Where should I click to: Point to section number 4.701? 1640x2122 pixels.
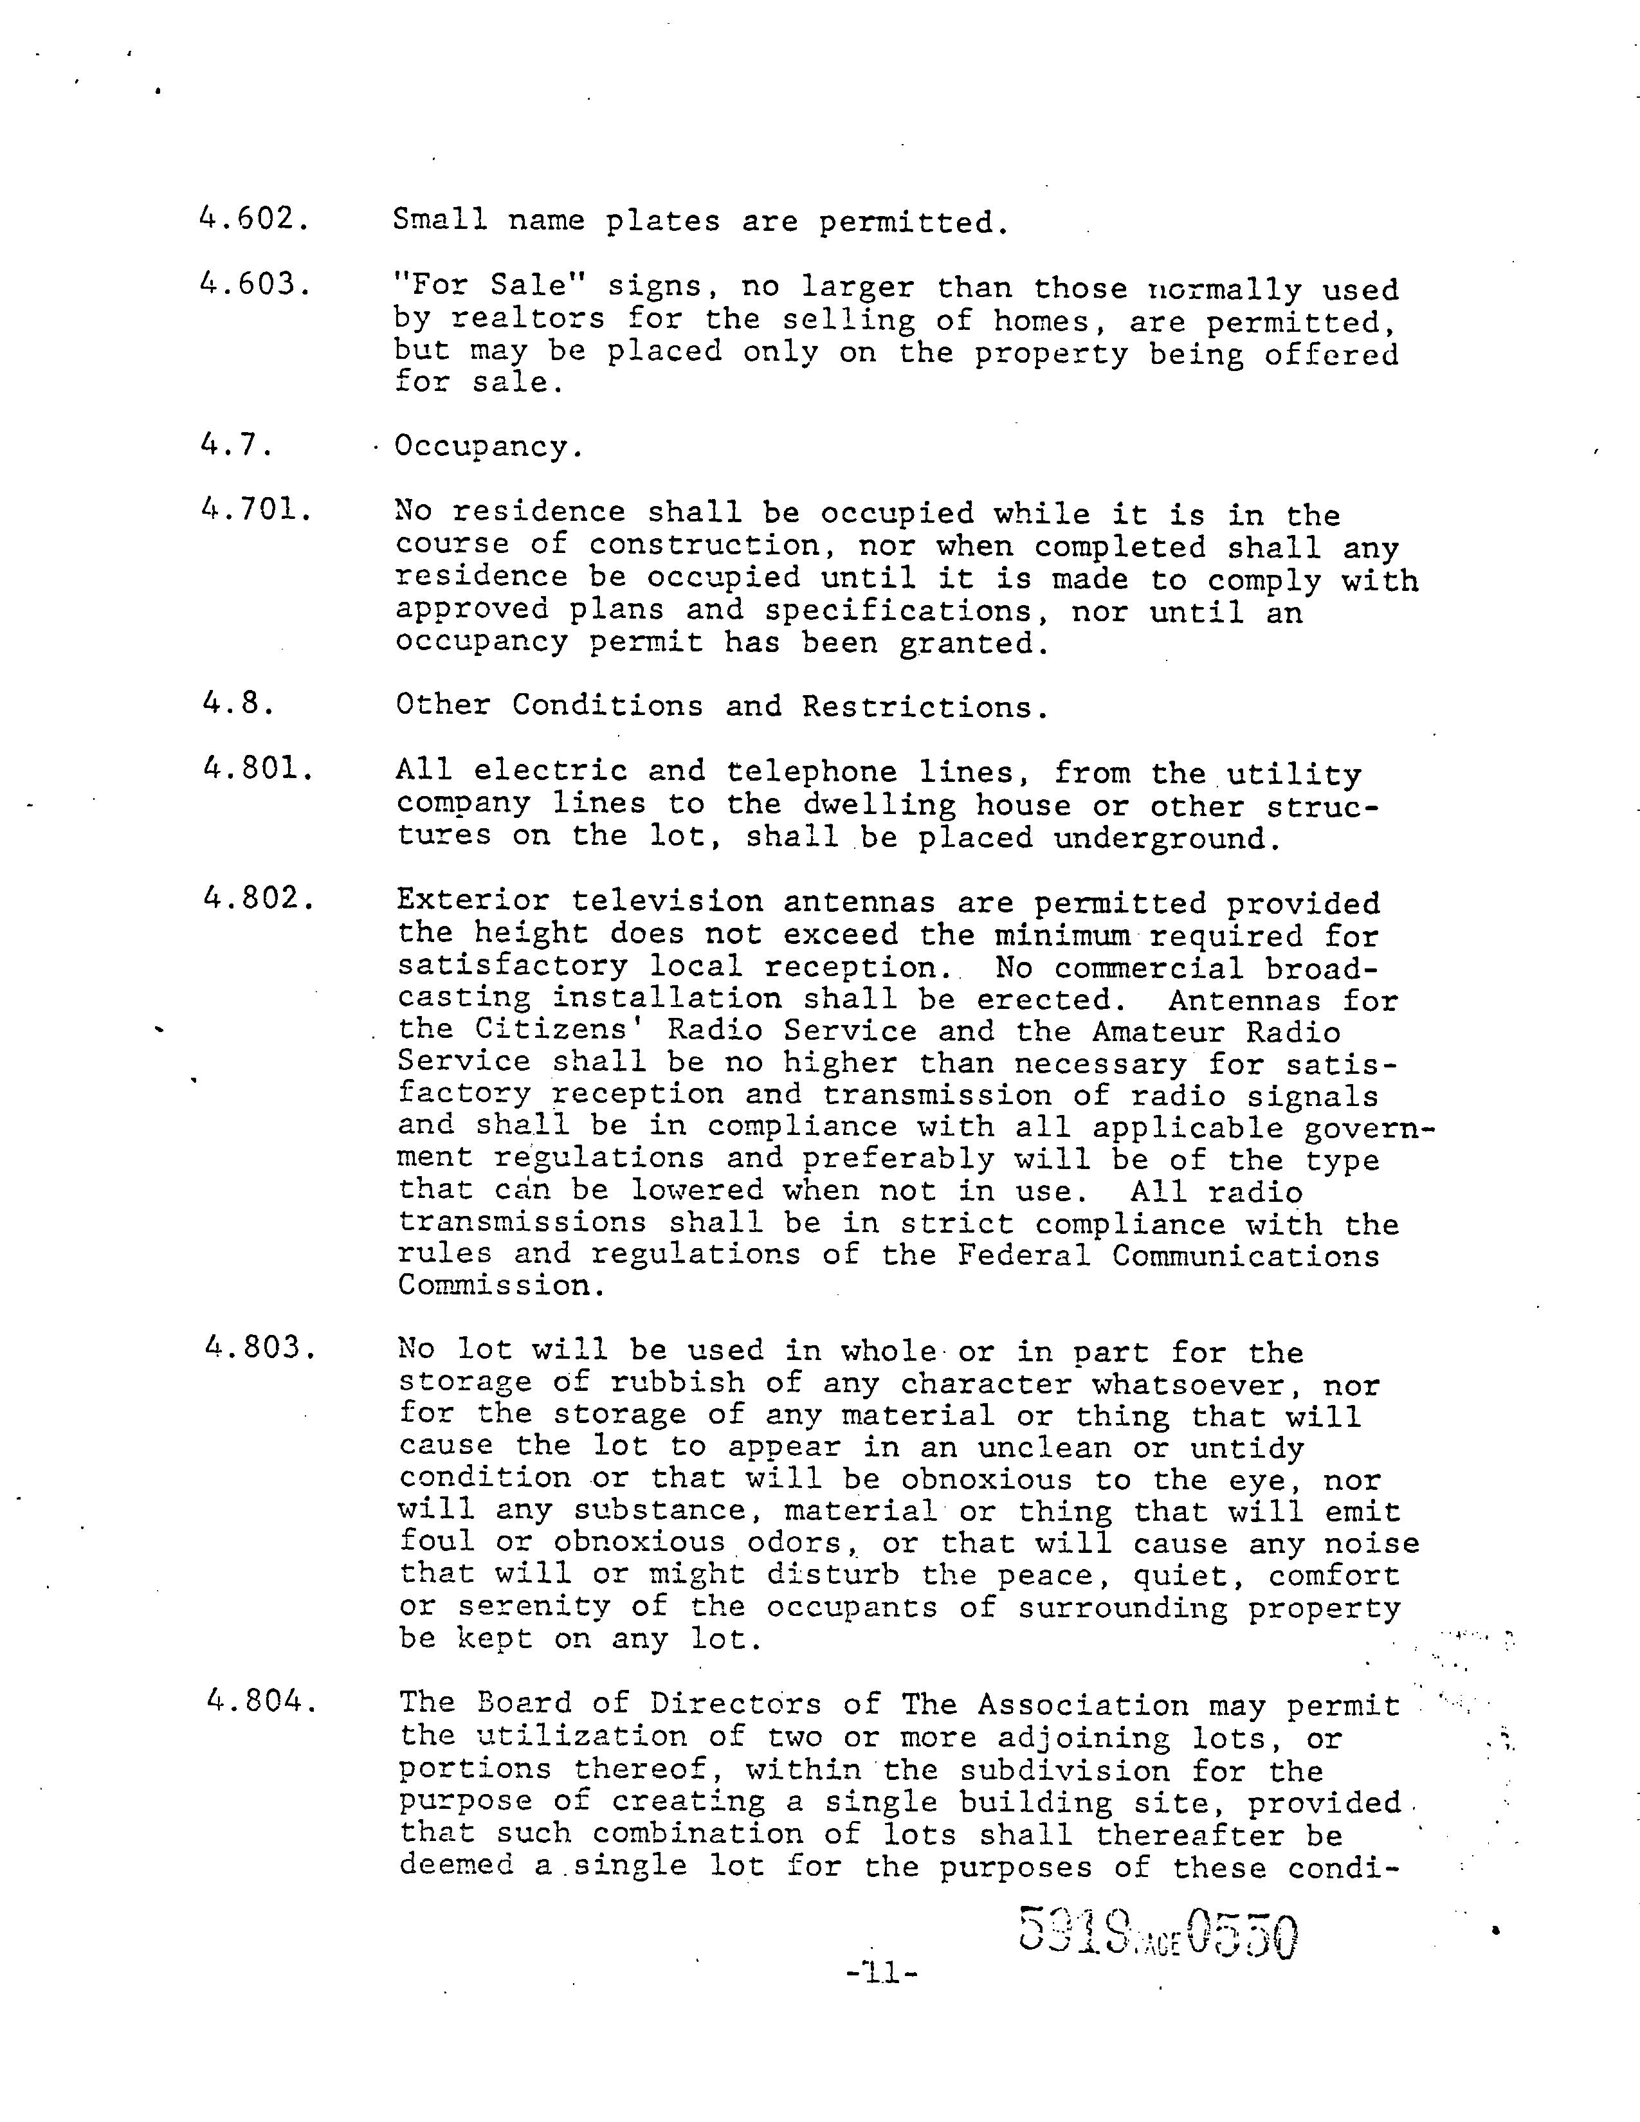pos(257,509)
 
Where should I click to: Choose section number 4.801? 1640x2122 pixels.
pos(257,770)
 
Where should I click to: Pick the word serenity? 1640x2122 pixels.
pos(534,1607)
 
